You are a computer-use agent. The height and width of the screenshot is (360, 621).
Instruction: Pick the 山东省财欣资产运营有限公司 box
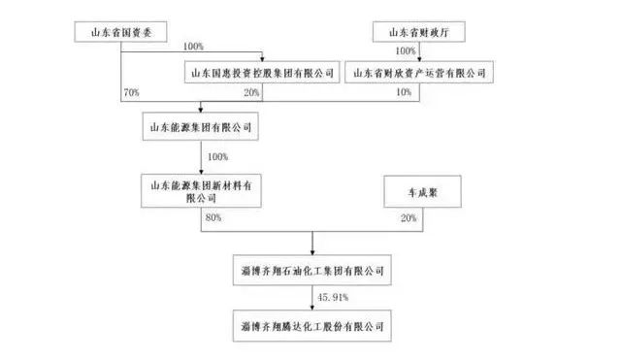coord(417,72)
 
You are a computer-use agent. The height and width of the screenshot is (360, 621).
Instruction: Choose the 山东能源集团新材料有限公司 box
coord(201,190)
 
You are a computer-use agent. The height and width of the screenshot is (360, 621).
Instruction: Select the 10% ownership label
coord(405,92)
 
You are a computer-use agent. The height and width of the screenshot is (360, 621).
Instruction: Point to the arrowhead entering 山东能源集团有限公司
coord(201,114)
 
